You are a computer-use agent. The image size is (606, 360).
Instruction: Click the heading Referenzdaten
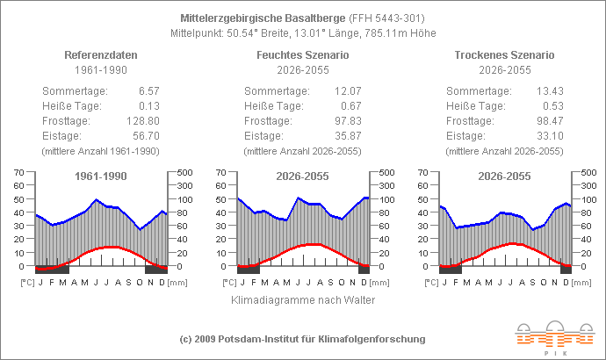[x=99, y=54]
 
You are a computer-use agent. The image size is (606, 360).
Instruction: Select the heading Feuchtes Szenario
[x=302, y=54]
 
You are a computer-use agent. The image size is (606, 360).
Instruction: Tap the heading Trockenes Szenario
[x=505, y=54]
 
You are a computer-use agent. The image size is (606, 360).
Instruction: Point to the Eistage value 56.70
[x=144, y=136]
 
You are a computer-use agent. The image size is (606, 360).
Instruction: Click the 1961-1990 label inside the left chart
[x=99, y=176]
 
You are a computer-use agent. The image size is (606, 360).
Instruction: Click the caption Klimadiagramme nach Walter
[x=302, y=300]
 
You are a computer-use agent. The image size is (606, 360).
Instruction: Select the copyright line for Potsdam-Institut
[x=302, y=339]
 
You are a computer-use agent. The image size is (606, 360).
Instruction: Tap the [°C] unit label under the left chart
[x=26, y=283]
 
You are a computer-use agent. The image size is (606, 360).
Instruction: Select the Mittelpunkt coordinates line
[x=302, y=32]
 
